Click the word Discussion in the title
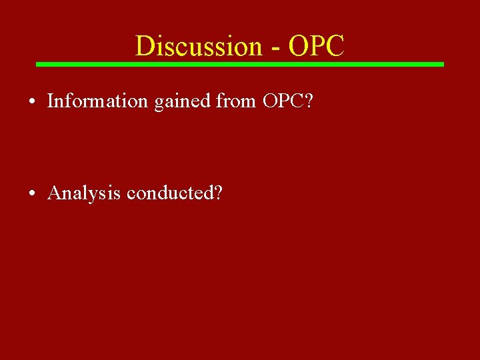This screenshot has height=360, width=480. pos(199,46)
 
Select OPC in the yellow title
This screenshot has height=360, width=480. pos(317,46)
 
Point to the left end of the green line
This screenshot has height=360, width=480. pos(37,64)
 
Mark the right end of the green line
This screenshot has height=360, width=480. pos(442,64)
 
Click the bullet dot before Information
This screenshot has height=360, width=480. pos(32,102)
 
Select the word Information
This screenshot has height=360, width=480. pos(97,101)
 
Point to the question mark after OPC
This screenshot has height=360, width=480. pos(309,101)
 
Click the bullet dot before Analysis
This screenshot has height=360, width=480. pos(32,194)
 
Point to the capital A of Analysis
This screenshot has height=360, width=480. pos(55,193)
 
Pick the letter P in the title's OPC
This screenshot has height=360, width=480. pos(317,46)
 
